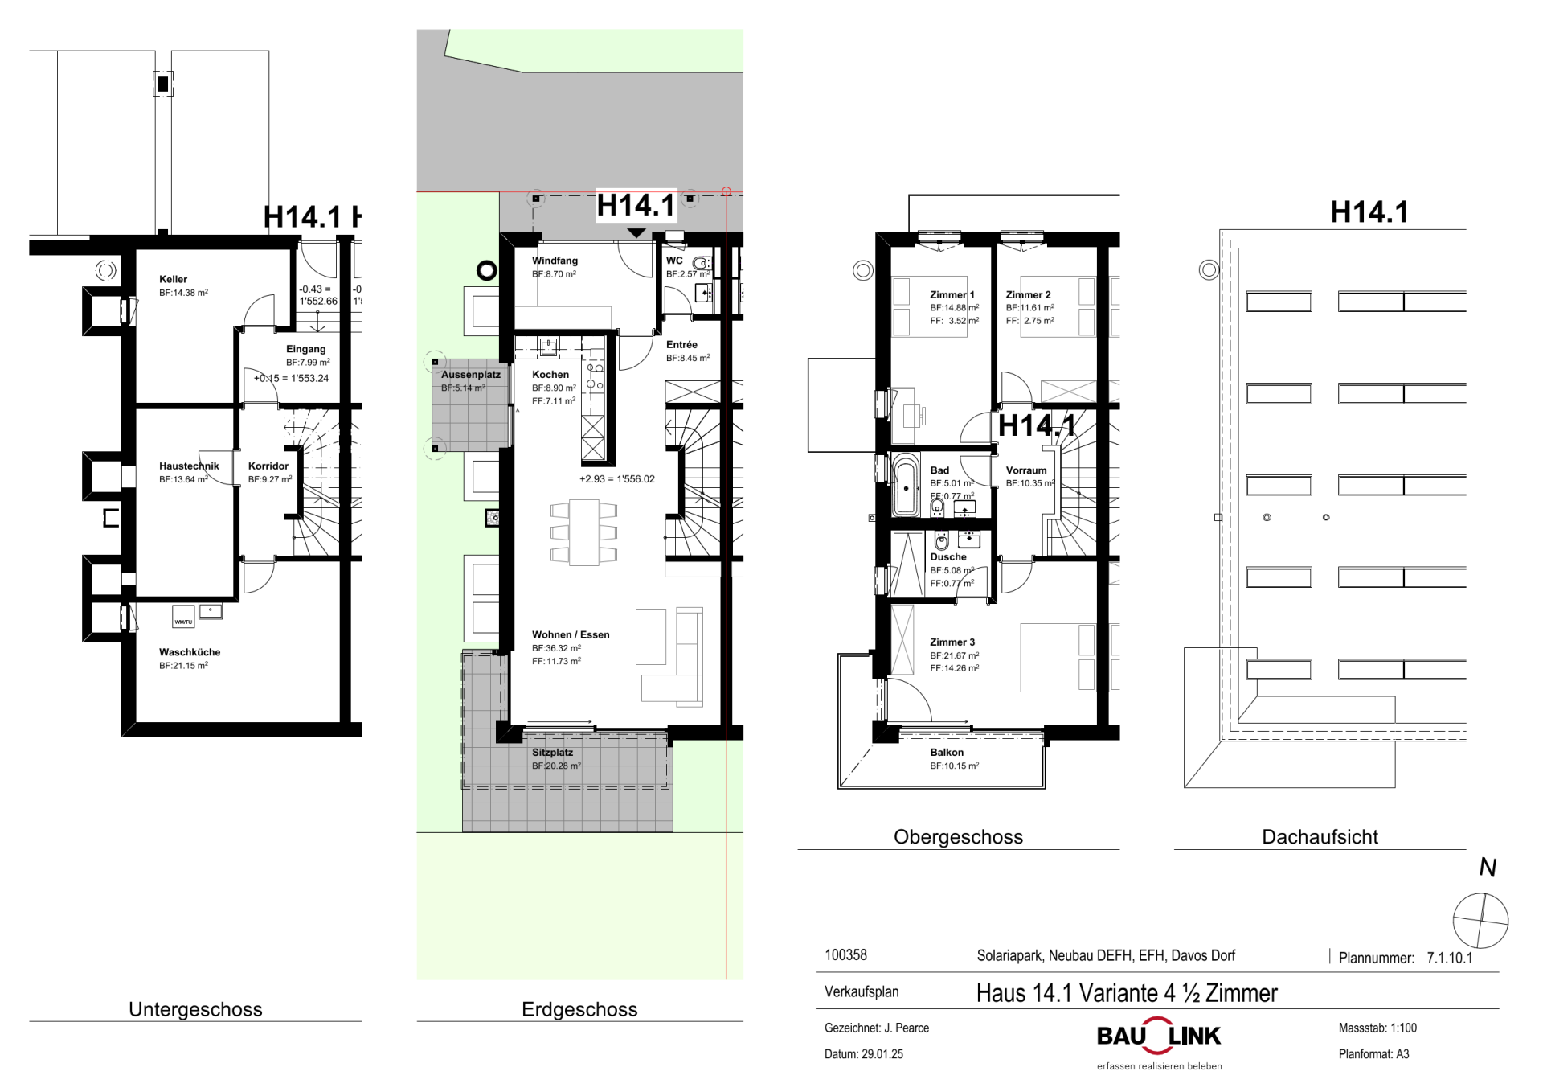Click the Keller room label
173,279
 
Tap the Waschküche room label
190,652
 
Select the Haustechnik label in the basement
189,466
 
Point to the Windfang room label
555,261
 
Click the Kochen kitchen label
550,375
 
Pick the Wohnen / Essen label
571,634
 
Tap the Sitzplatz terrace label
552,753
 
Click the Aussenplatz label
471,375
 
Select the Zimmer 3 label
952,642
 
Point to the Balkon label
947,753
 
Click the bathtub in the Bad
906,485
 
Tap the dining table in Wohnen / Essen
584,532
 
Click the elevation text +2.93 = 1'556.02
617,479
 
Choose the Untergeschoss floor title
195,1009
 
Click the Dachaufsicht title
1320,837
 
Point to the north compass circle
1480,921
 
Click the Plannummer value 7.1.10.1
1450,958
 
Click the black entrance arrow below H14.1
636,233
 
